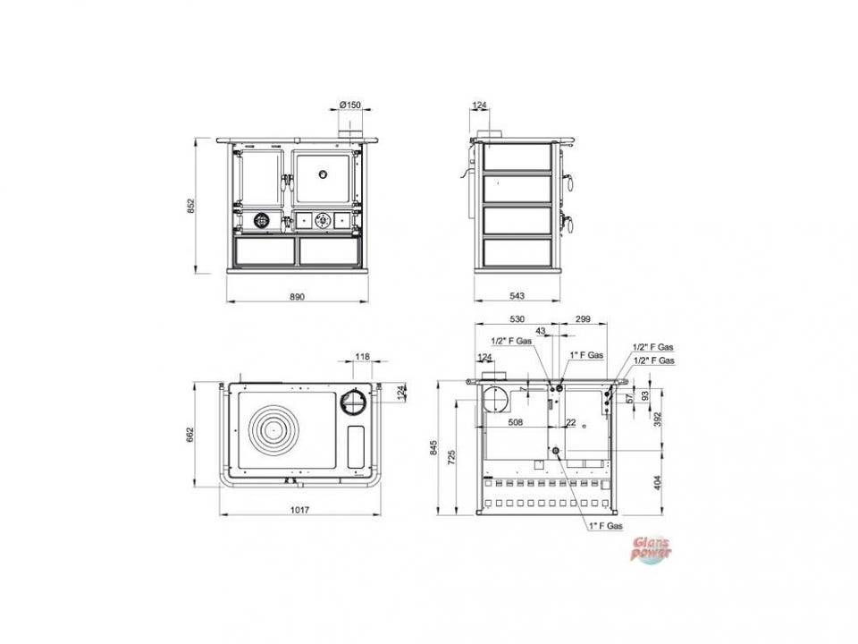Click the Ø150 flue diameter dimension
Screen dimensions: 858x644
pyautogui.click(x=350, y=105)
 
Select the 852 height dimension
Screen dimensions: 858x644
pyautogui.click(x=190, y=206)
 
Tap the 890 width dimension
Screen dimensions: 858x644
pyautogui.click(x=297, y=297)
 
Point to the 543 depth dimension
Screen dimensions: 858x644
pyautogui.click(x=517, y=296)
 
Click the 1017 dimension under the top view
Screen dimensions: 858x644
pyautogui.click(x=299, y=510)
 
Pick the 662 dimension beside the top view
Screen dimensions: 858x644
pyautogui.click(x=189, y=435)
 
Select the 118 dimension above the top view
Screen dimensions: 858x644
pyautogui.click(x=362, y=357)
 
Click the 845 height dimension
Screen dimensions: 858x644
pyautogui.click(x=434, y=447)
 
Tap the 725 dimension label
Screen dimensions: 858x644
pyautogui.click(x=450, y=458)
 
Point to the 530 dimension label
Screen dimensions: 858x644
pyautogui.click(x=517, y=318)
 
